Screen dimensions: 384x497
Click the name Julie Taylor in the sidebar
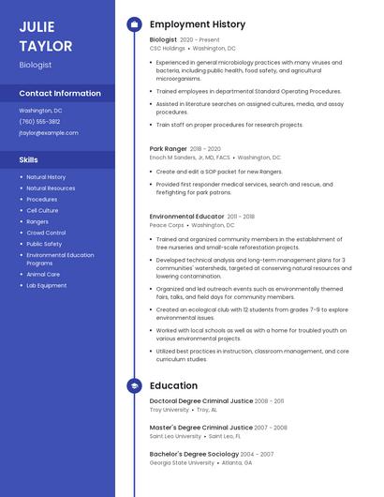click(x=45, y=36)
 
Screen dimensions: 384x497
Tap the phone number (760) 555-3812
click(x=39, y=122)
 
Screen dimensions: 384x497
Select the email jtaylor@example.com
click(x=49, y=133)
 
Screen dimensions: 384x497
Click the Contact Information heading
click(x=60, y=94)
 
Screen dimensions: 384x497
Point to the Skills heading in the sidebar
click(x=29, y=159)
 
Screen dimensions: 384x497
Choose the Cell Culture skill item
click(x=42, y=211)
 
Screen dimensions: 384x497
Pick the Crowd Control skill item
click(x=46, y=233)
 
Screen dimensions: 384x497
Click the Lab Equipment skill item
click(x=46, y=285)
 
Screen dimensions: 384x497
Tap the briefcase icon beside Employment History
click(x=134, y=24)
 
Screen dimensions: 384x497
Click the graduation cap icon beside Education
click(x=134, y=385)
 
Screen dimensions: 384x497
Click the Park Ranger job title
click(x=169, y=148)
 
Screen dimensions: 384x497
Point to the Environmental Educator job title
click(x=185, y=217)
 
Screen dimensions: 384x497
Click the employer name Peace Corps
click(x=167, y=225)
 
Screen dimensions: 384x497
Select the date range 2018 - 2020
click(x=205, y=148)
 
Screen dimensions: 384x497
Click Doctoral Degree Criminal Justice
click(x=200, y=400)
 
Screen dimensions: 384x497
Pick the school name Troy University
click(x=169, y=410)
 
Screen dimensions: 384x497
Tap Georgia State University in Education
click(x=182, y=462)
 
